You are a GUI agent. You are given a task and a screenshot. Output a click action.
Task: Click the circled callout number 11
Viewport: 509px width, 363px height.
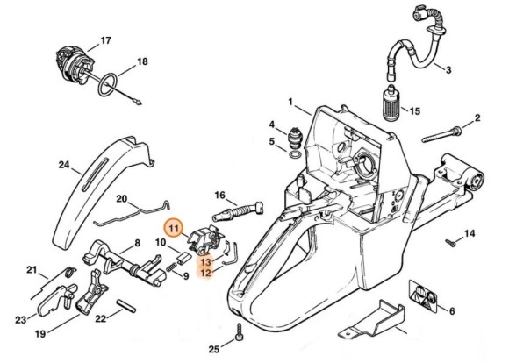[175, 229]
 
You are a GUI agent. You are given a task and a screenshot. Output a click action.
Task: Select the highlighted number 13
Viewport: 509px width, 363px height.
[204, 261]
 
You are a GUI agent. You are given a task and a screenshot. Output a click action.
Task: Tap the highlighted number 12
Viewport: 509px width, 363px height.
[204, 273]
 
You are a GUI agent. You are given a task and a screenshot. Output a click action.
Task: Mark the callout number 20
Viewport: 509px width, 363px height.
[122, 199]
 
